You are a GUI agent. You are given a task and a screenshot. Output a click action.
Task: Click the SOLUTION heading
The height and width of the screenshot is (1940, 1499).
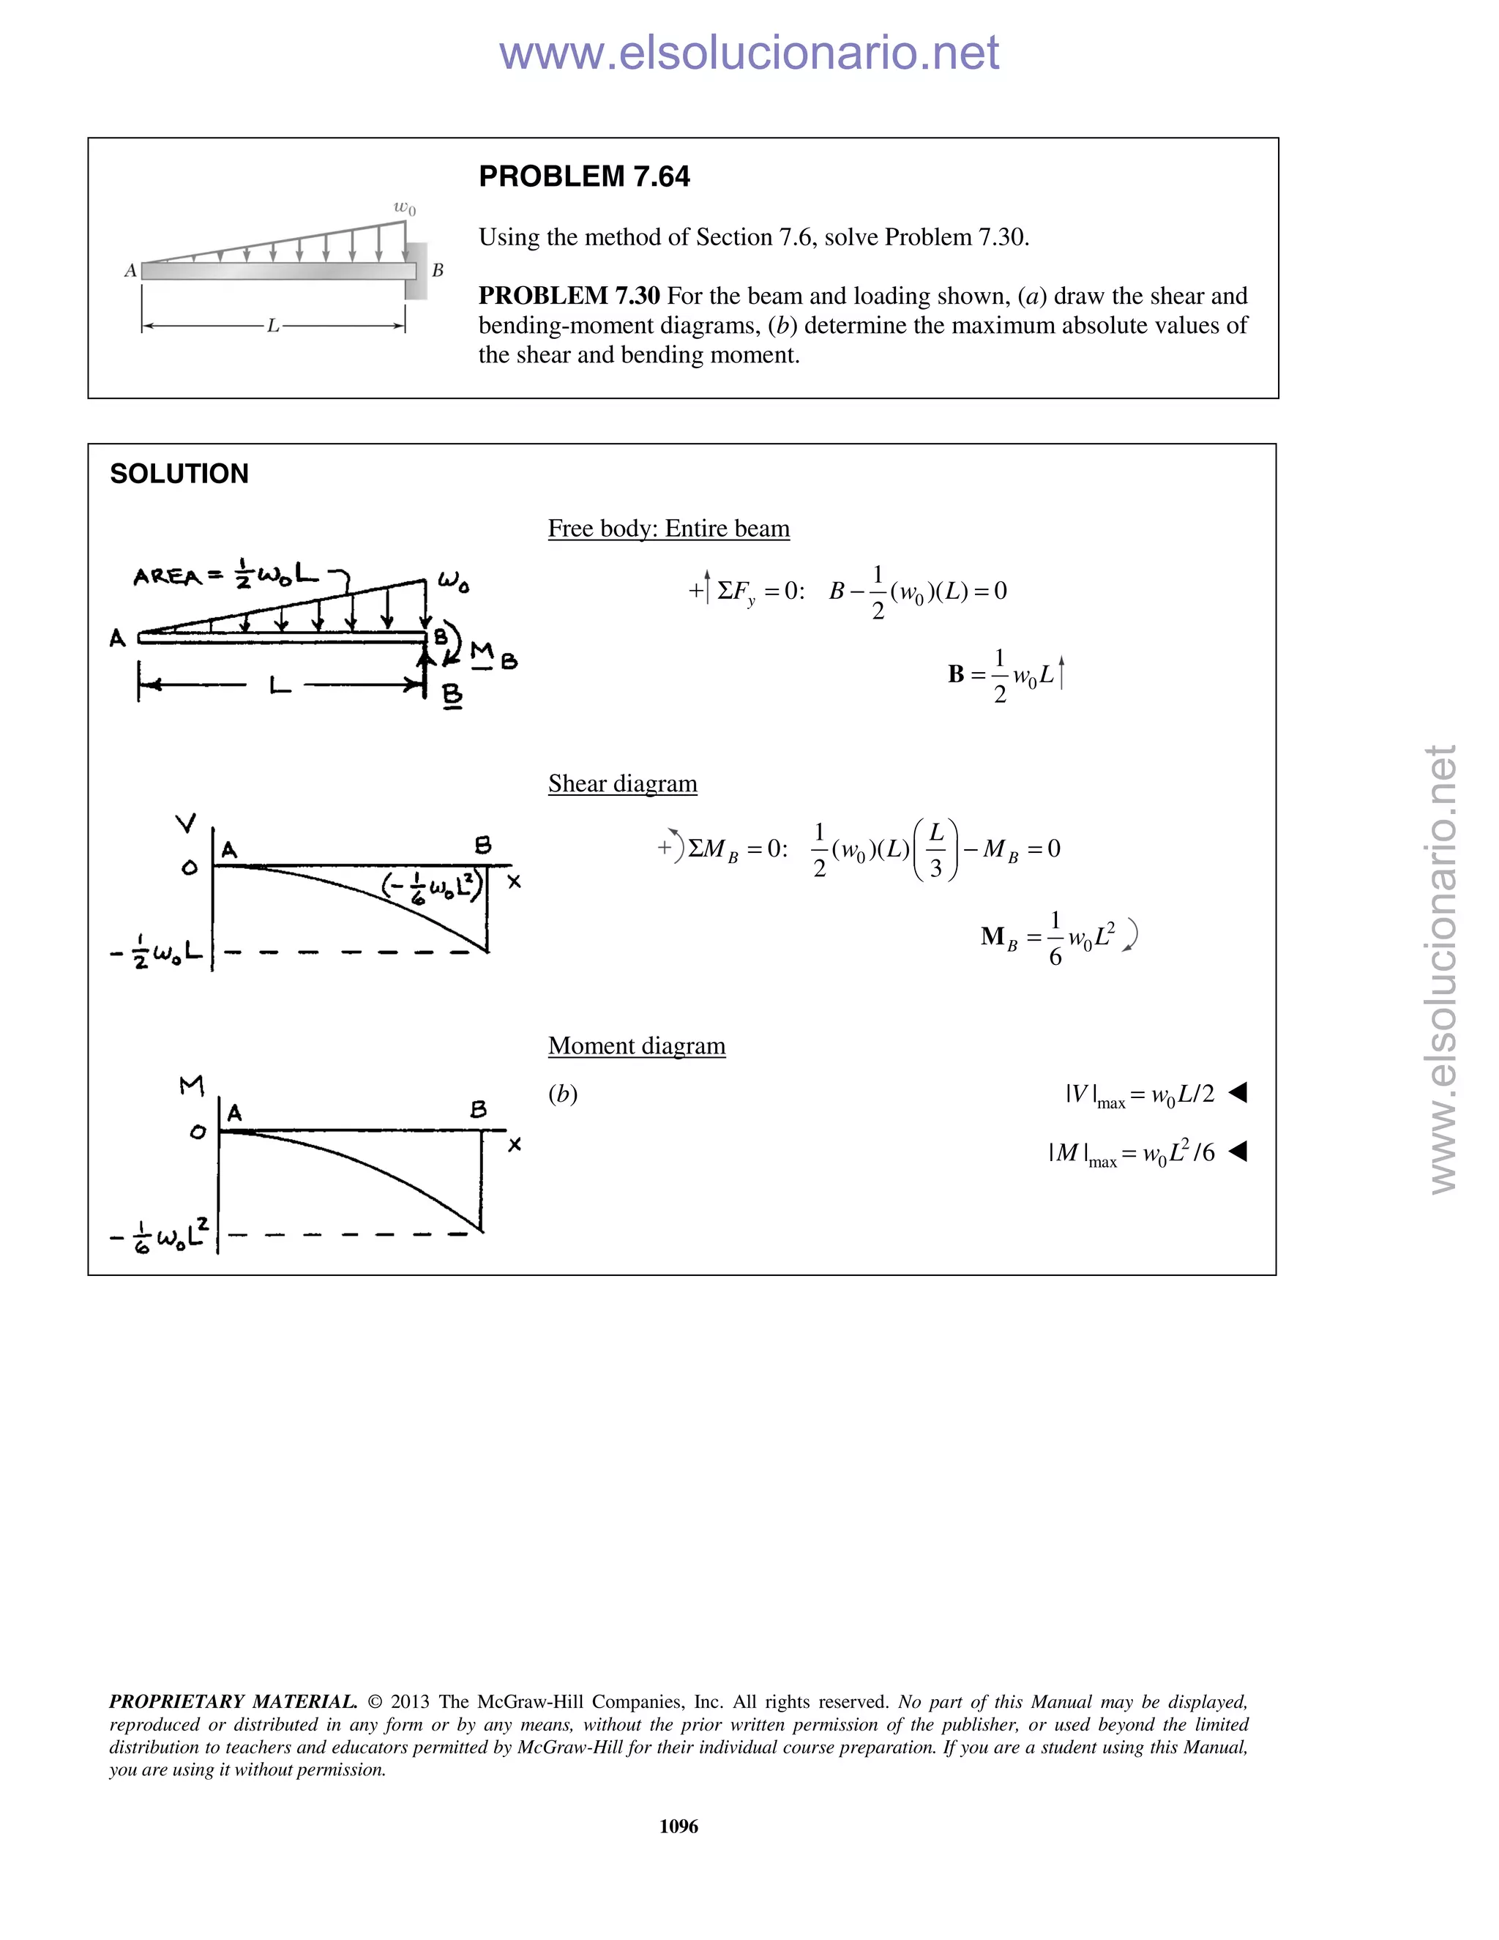(179, 474)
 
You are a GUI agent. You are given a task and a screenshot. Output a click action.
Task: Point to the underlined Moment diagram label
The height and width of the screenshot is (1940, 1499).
(636, 1045)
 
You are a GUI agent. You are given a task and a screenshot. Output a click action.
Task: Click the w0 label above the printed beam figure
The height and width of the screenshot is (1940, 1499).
(404, 208)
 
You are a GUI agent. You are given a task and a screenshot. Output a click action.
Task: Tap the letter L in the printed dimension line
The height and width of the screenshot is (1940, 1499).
(274, 326)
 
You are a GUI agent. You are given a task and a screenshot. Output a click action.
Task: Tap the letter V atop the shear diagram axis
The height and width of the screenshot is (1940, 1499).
(186, 824)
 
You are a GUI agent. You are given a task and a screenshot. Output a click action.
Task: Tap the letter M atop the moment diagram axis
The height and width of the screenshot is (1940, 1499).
(191, 1086)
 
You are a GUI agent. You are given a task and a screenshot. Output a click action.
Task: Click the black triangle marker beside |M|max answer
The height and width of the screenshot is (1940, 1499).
(1238, 1152)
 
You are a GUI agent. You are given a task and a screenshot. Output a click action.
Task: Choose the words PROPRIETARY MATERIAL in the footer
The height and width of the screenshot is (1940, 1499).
(233, 1702)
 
